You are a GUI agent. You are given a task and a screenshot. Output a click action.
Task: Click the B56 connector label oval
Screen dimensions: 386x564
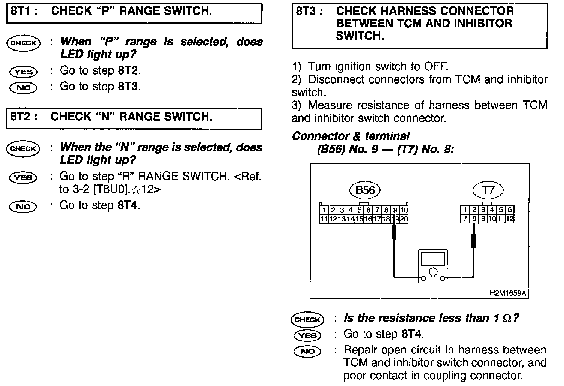[365, 190]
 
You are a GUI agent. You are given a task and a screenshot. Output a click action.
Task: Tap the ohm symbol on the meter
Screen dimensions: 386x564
[433, 272]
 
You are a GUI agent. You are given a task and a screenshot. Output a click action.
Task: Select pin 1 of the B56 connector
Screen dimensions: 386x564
[324, 211]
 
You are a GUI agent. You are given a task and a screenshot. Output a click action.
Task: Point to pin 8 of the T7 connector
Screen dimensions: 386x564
[474, 218]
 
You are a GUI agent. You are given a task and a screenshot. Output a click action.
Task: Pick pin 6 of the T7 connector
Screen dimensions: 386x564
[509, 210]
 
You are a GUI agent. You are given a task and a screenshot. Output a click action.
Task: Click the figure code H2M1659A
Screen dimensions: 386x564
[508, 293]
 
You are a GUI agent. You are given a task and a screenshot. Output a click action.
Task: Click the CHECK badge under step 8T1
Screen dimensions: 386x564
[23, 43]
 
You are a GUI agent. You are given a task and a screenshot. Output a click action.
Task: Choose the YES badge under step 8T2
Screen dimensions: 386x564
[23, 177]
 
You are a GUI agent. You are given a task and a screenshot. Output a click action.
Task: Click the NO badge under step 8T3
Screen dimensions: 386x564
[307, 351]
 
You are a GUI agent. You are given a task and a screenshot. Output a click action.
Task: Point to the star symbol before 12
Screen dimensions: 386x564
[136, 190]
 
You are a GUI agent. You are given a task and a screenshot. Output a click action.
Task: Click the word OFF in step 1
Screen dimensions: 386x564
[435, 67]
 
